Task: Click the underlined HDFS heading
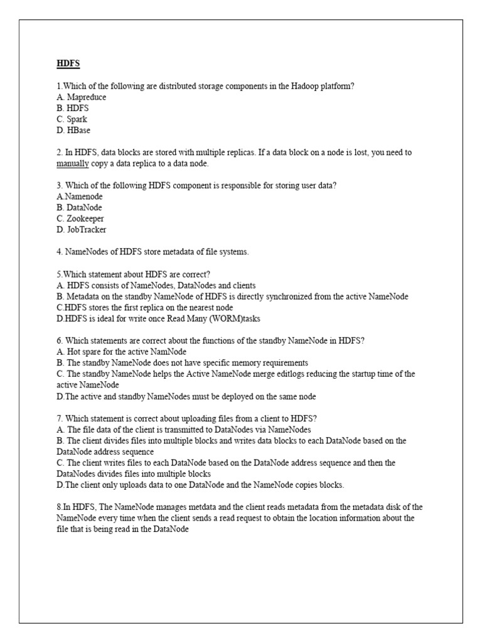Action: pyautogui.click(x=68, y=63)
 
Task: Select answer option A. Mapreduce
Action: pyautogui.click(x=81, y=97)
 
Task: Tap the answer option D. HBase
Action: pyautogui.click(x=73, y=130)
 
